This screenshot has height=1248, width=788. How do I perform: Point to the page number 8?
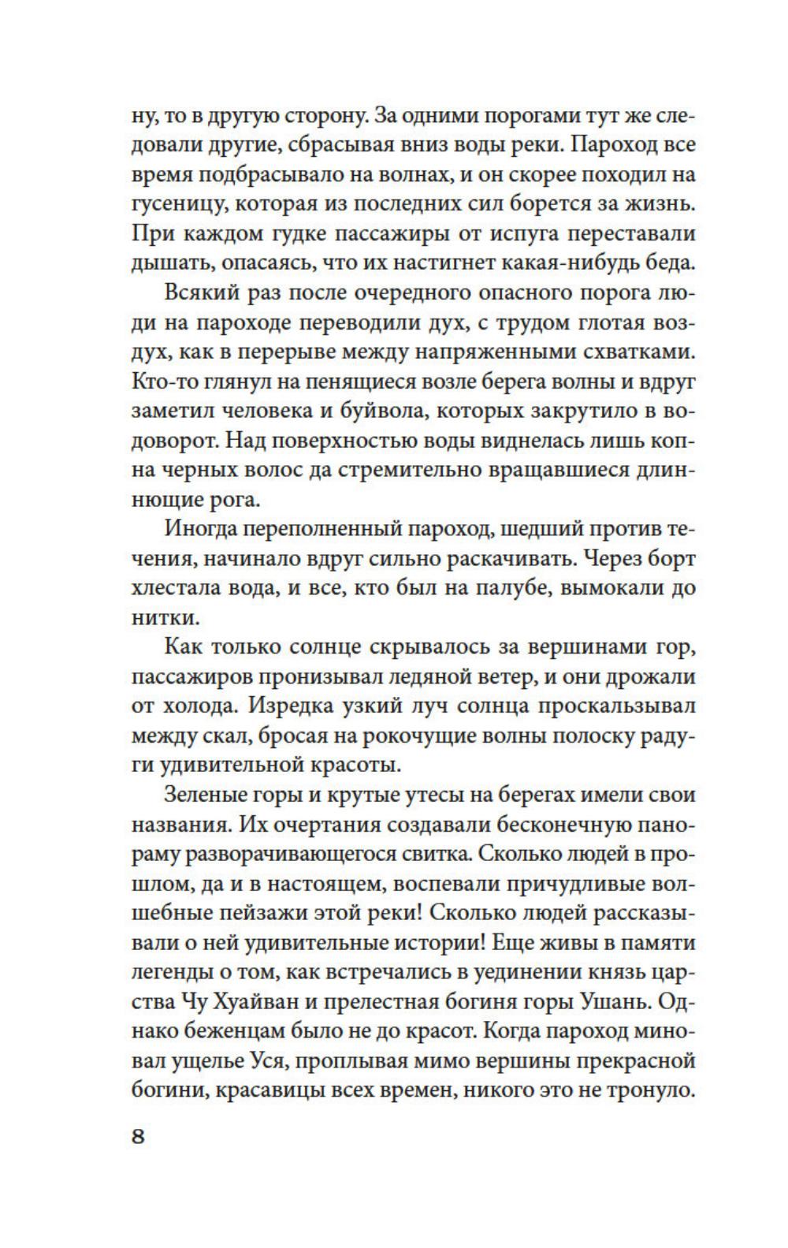tap(138, 1137)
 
